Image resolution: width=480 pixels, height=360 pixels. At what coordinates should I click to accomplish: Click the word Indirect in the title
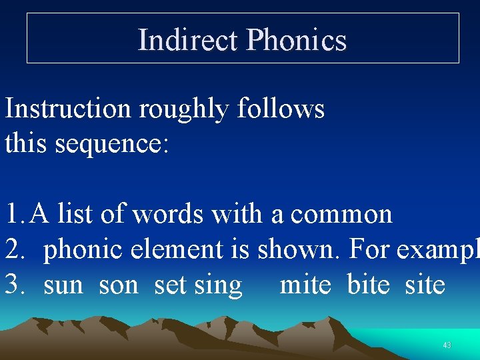tap(187, 40)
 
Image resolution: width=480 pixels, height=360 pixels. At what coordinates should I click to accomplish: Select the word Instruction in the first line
tap(68, 108)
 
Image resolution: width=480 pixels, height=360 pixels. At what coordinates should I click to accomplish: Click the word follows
tap(280, 108)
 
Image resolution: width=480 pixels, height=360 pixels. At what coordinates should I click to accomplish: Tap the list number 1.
tap(13, 214)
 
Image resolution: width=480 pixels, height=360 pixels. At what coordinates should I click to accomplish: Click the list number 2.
tap(13, 249)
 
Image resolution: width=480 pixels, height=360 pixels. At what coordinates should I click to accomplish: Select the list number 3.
tap(13, 285)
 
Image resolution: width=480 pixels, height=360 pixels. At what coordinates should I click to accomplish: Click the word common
tap(341, 214)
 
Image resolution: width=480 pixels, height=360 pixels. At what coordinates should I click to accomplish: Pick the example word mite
tap(305, 285)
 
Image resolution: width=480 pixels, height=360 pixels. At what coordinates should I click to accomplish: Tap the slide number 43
tap(447, 345)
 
